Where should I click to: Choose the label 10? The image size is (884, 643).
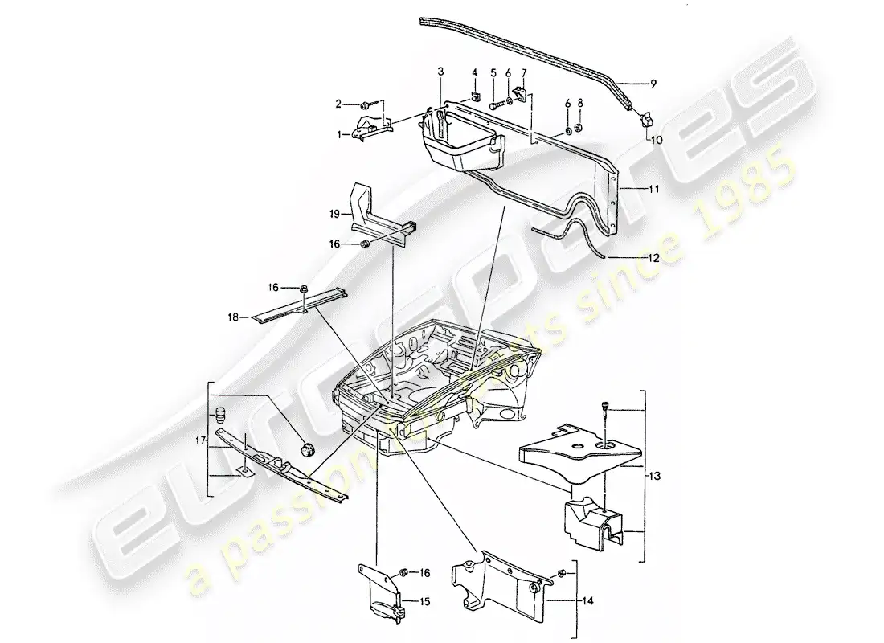point(657,137)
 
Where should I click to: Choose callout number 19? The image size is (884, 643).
point(333,214)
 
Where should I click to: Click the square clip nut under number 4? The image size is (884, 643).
point(476,100)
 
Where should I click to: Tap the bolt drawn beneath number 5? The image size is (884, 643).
point(493,103)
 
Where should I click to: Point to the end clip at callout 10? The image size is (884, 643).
point(645,120)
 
